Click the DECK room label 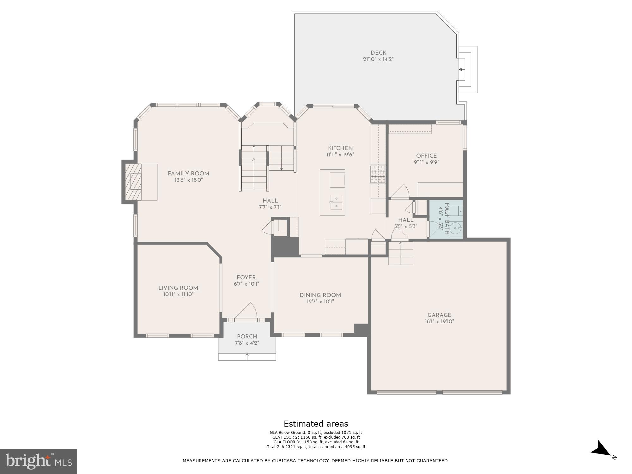pyautogui.click(x=378, y=53)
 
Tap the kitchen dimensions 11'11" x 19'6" pyautogui.click(x=340, y=155)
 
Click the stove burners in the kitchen pyautogui.click(x=378, y=174)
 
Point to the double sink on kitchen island pyautogui.click(x=337, y=202)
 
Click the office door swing pyautogui.click(x=401, y=191)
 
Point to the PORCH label pyautogui.click(x=247, y=337)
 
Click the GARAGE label pyautogui.click(x=439, y=315)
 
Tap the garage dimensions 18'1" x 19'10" pyautogui.click(x=439, y=322)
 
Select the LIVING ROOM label pyautogui.click(x=178, y=288)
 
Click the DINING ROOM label pyautogui.click(x=320, y=295)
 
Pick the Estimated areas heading pyautogui.click(x=316, y=424)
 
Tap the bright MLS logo pyautogui.click(x=38, y=461)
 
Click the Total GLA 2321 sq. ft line pyautogui.click(x=316, y=447)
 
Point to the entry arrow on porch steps pyautogui.click(x=247, y=355)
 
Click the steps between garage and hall pyautogui.click(x=401, y=253)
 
